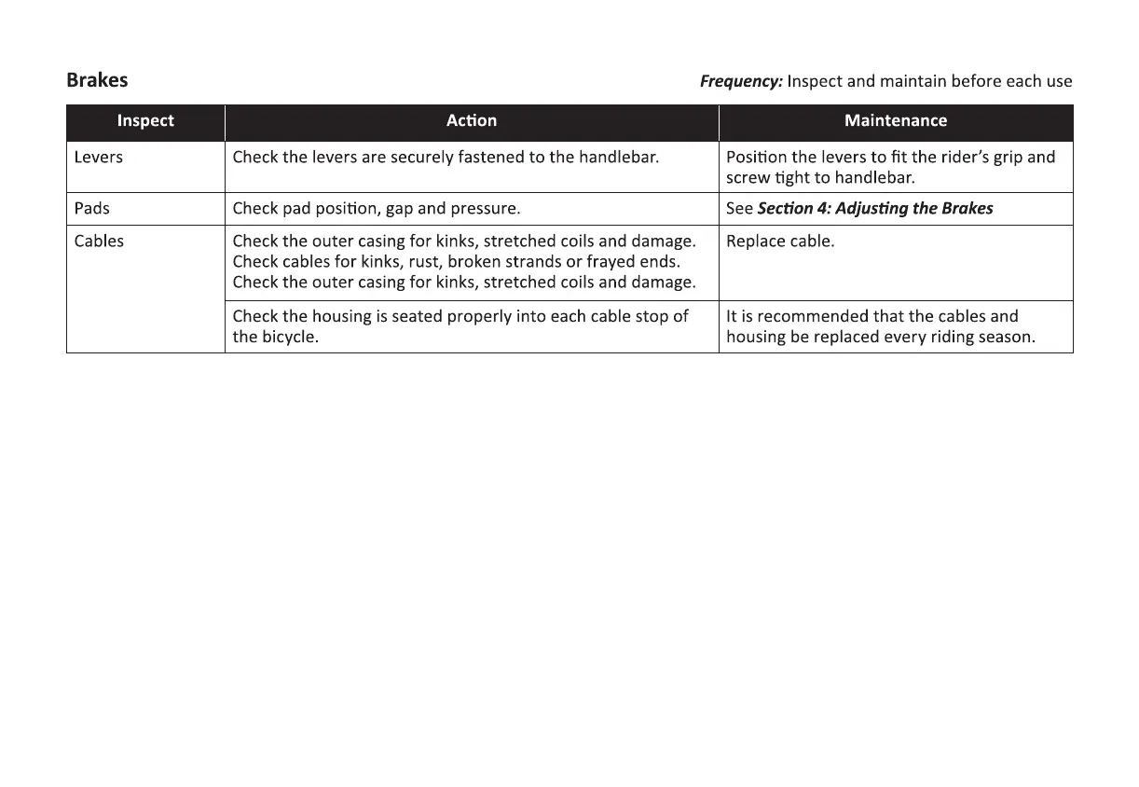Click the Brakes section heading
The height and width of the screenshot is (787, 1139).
click(x=97, y=80)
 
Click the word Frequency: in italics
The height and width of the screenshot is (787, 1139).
click(x=741, y=81)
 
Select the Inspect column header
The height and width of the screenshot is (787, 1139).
click(x=145, y=121)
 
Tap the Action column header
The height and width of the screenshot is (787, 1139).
click(x=472, y=121)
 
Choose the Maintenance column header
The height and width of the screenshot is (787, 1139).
click(x=895, y=121)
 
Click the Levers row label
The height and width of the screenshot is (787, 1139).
click(x=99, y=157)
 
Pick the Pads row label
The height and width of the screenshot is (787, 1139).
click(x=92, y=208)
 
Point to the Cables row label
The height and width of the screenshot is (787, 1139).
click(x=99, y=241)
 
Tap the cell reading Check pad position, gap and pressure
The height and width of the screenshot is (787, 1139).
click(x=376, y=208)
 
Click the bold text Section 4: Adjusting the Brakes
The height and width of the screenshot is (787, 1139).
click(x=875, y=208)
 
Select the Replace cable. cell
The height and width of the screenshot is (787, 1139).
click(x=780, y=241)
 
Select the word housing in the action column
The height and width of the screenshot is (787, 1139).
click(x=344, y=316)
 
